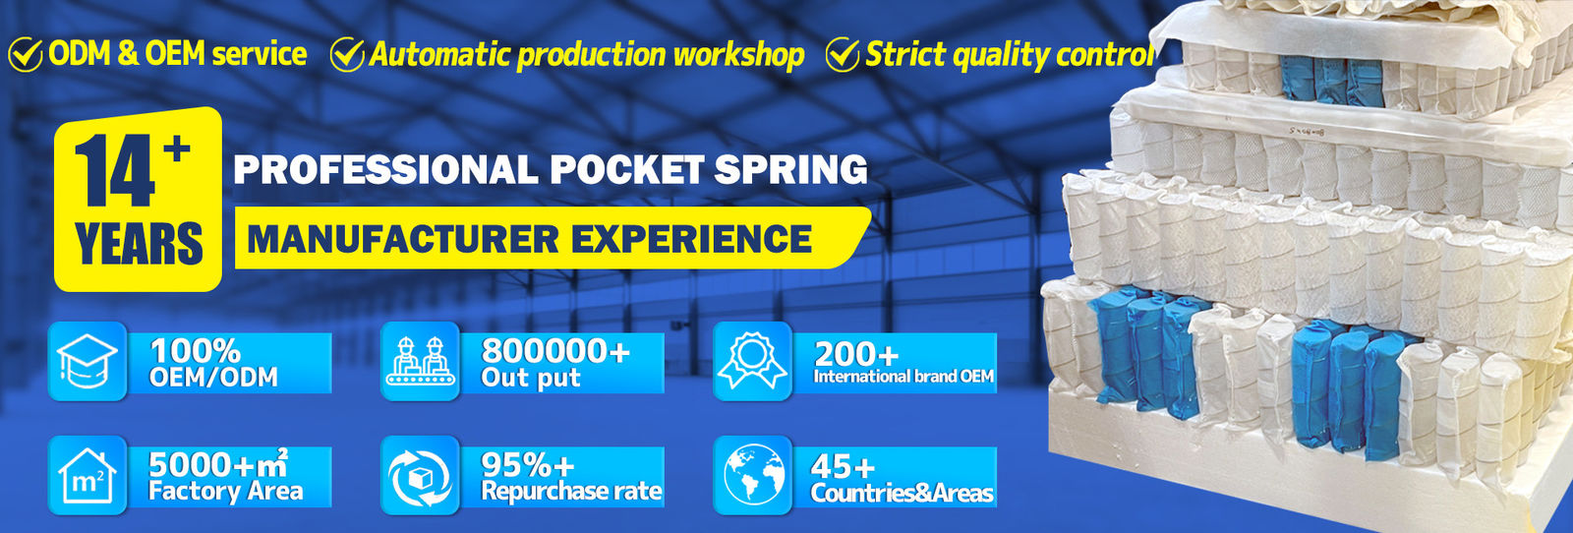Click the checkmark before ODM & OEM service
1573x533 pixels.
26,55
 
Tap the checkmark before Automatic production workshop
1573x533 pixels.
347,55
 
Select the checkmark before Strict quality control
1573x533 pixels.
843,55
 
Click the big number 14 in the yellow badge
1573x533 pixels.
116,172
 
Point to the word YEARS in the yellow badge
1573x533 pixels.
139,245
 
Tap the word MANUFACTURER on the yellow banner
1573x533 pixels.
402,239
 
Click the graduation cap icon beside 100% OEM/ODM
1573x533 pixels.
87,361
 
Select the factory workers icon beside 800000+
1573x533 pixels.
420,361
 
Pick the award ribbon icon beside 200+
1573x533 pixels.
752,361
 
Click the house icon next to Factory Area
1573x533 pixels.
87,475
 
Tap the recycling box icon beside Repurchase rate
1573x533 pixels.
420,475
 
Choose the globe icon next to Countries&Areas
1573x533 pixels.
752,475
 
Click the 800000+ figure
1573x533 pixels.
554,351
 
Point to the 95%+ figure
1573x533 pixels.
527,464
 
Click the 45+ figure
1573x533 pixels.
843,466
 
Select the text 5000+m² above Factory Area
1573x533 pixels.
217,463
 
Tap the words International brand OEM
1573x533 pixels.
903,377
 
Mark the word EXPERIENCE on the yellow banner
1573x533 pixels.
691,239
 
